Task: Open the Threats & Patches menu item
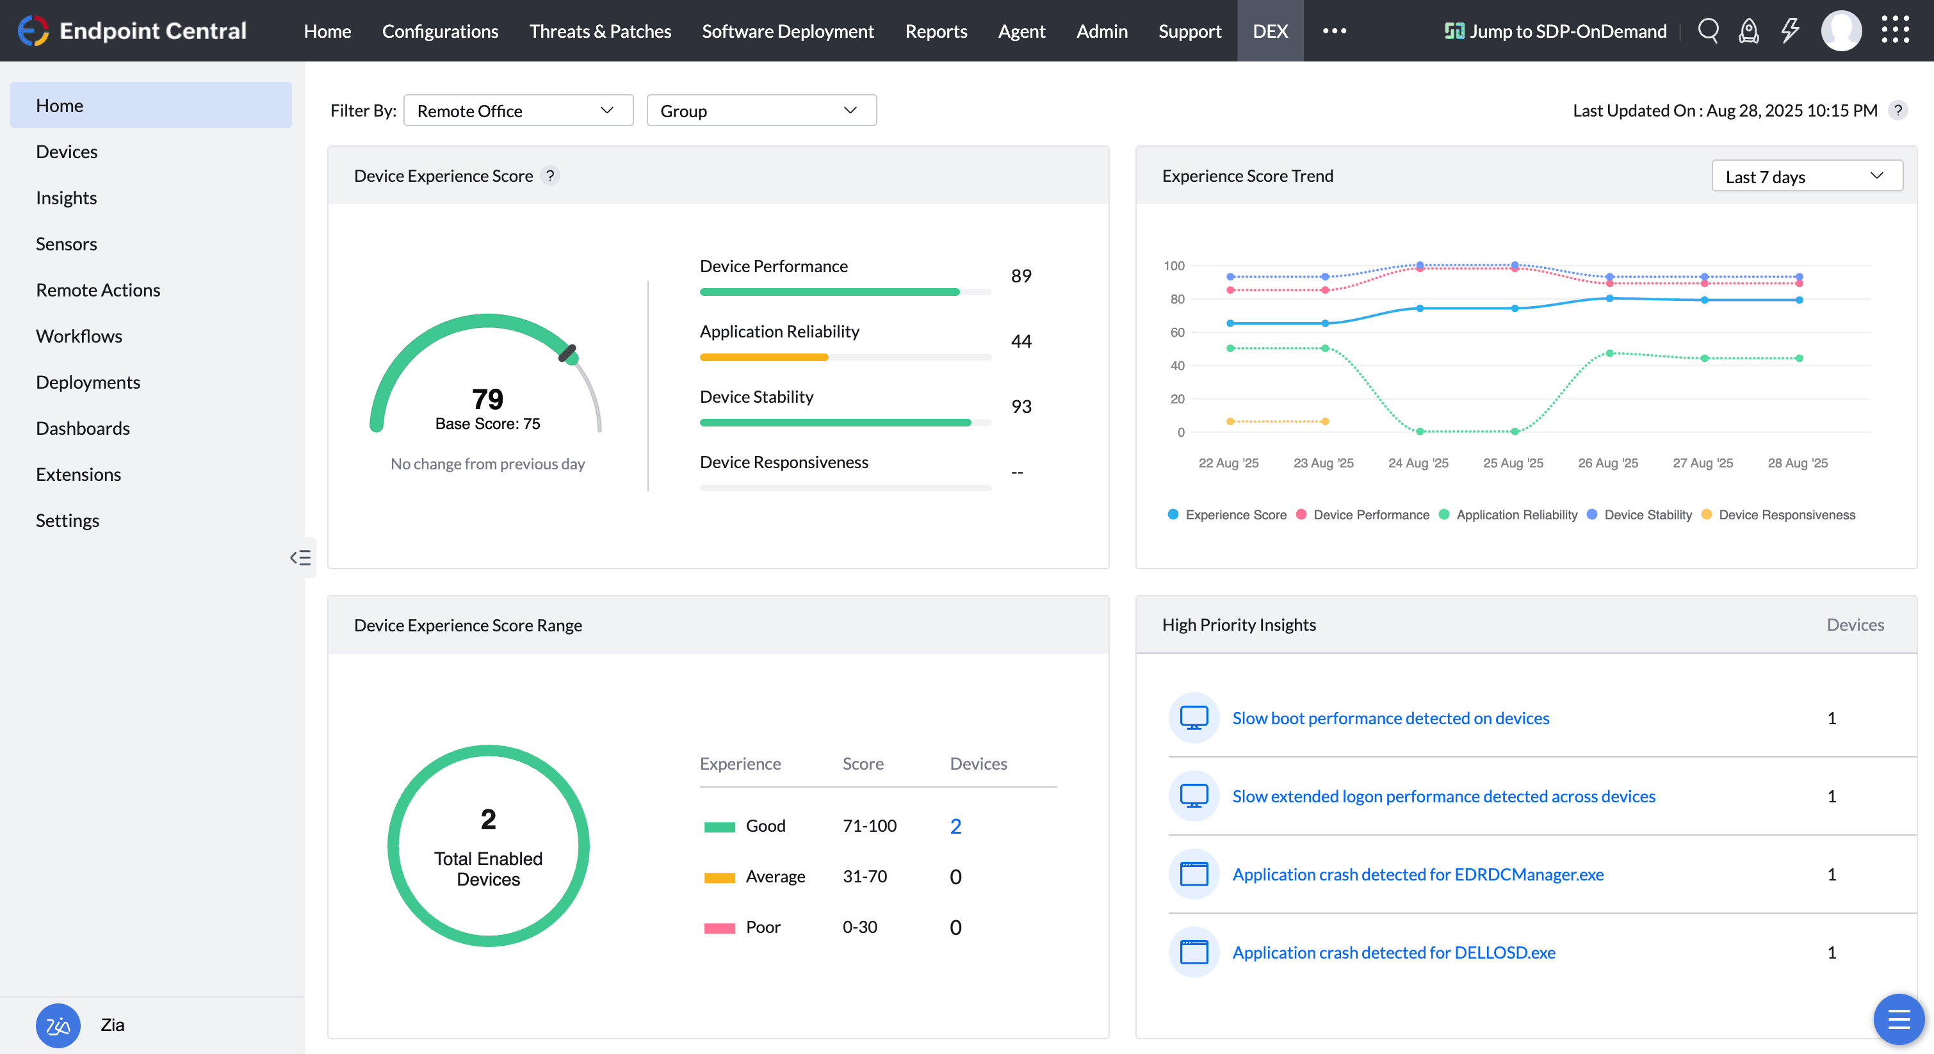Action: pos(600,31)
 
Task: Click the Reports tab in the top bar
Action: pos(936,31)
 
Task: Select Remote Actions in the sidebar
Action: pos(97,290)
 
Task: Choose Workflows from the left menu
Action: pos(79,336)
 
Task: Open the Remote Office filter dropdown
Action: pos(518,110)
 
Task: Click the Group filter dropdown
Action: pos(761,110)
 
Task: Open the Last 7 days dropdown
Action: pos(1806,177)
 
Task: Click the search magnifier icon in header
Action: pos(1708,31)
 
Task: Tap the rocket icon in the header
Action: pos(1748,31)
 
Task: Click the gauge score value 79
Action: pos(487,399)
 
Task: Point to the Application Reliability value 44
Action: pos(1021,341)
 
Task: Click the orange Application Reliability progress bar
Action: pos(763,357)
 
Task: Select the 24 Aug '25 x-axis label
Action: pos(1417,463)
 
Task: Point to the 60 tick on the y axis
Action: pos(1176,332)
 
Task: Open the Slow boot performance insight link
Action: pos(1390,718)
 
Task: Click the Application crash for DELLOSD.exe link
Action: pos(1394,952)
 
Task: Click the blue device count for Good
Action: pos(955,826)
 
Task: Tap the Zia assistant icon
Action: pos(58,1025)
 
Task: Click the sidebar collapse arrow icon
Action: pos(300,557)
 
